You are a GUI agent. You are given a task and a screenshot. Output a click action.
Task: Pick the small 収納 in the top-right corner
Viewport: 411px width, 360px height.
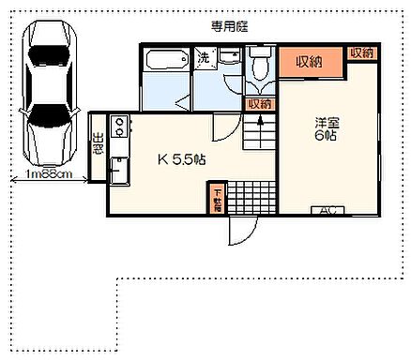[361, 53]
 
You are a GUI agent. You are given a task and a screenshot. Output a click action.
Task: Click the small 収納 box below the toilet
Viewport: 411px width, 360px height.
[259, 103]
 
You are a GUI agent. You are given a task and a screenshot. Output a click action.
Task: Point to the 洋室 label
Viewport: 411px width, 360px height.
[326, 121]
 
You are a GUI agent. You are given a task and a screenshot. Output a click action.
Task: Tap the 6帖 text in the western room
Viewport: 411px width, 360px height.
[326, 137]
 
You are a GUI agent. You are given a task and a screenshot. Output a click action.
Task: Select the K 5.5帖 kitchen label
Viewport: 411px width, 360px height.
[179, 160]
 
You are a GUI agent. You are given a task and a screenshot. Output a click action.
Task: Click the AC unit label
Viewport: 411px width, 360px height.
[330, 210]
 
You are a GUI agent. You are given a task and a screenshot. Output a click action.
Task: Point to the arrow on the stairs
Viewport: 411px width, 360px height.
[260, 123]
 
